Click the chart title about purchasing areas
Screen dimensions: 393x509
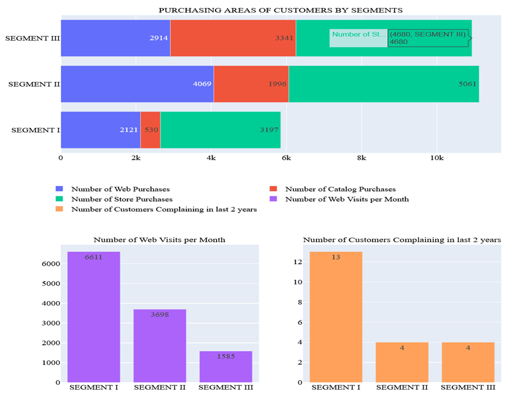[280, 10]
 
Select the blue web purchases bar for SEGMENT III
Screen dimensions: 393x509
[115, 38]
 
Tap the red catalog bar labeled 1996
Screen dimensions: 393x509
[251, 84]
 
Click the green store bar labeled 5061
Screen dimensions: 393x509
[383, 84]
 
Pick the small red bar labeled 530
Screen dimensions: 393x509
[150, 130]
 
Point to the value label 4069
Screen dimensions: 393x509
[201, 85]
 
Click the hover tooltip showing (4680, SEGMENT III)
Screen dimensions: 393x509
[428, 38]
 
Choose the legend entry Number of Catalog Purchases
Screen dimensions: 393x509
[340, 189]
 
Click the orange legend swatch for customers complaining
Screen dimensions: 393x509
[59, 209]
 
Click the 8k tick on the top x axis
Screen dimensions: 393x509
[361, 158]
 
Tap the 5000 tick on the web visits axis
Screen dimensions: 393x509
[51, 283]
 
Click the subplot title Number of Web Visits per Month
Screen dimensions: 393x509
[159, 239]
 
